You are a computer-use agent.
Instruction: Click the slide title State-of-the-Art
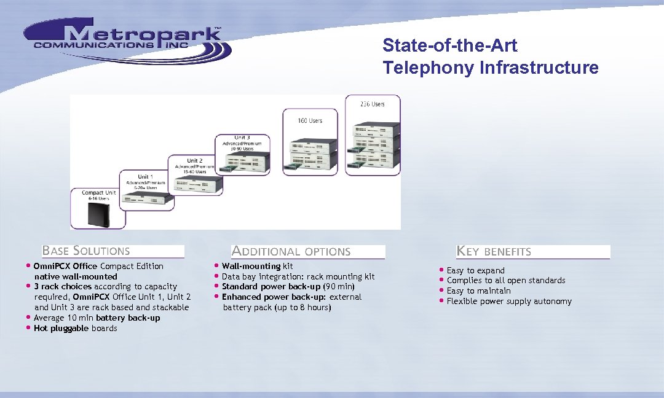(449, 45)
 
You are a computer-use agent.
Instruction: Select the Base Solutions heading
(86, 251)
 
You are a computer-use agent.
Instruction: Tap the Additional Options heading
(291, 251)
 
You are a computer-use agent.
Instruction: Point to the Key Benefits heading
(494, 251)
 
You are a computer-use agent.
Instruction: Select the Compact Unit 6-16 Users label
(98, 196)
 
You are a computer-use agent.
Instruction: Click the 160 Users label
(310, 120)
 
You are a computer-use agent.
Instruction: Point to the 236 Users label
(373, 104)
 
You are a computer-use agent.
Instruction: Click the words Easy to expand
(475, 270)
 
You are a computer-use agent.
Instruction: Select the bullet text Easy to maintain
(478, 291)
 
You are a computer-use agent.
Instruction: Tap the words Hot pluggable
(61, 328)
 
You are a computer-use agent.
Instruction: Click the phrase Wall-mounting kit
(257, 266)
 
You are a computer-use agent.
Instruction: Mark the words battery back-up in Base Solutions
(128, 318)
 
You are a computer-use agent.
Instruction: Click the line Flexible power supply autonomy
(509, 301)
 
